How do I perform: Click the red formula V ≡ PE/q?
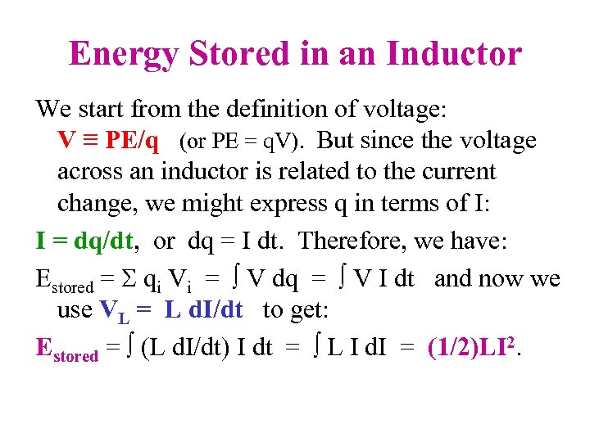[108, 141]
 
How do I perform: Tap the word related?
[339, 172]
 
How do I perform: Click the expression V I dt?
[381, 279]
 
